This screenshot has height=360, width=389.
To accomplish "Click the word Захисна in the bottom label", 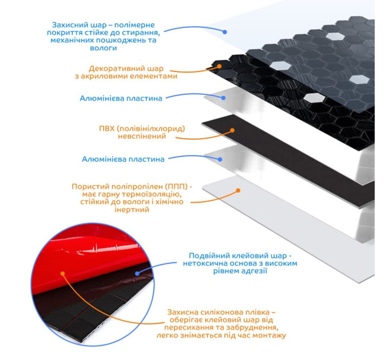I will [184, 312].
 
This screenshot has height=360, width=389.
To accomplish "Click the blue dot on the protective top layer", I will [225, 32].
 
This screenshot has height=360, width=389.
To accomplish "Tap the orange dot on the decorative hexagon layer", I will [220, 66].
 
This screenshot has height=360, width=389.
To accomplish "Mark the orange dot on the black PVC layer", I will [233, 130].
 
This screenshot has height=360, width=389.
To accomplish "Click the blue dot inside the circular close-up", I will [136, 273].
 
